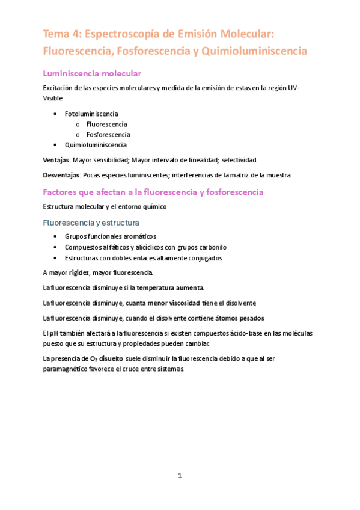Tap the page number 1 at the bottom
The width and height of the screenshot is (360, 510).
[180, 476]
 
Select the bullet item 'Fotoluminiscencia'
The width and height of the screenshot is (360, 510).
[91, 114]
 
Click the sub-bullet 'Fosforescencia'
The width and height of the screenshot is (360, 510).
[108, 135]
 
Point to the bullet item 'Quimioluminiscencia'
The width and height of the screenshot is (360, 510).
[96, 145]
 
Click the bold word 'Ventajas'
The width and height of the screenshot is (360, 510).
[56, 160]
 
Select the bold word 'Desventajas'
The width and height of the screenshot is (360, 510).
[62, 176]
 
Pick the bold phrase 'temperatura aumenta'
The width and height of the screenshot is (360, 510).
[170, 287]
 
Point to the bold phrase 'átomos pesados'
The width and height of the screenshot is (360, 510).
[239, 318]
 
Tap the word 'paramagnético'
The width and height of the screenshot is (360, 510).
[66, 369]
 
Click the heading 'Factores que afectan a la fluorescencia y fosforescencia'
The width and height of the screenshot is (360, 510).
[153, 192]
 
